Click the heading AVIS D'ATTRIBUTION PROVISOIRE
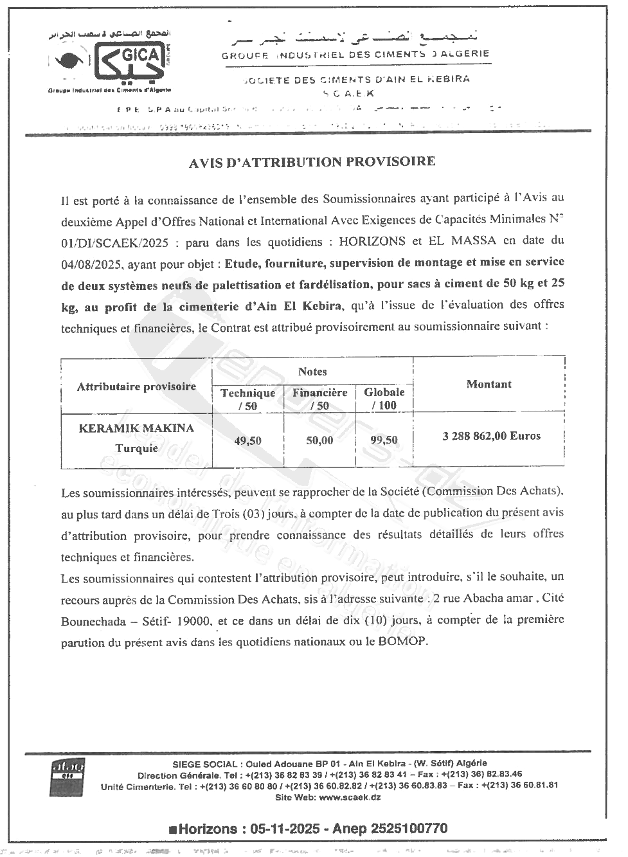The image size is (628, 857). click(x=312, y=162)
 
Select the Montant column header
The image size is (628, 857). click(x=489, y=384)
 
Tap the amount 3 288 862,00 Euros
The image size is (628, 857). click(x=491, y=436)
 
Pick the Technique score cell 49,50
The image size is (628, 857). click(x=247, y=441)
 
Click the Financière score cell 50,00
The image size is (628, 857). click(x=319, y=441)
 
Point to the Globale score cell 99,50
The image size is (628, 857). click(x=384, y=441)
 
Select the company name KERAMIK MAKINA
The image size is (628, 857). click(x=136, y=428)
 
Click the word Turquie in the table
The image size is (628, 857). click(x=136, y=448)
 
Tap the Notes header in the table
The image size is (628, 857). click(x=312, y=372)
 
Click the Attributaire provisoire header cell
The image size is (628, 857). click(x=136, y=386)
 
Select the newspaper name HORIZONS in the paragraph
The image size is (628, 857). click(x=372, y=241)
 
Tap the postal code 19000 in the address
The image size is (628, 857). click(x=196, y=621)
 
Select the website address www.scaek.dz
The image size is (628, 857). click(x=350, y=797)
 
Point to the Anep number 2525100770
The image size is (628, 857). click(x=408, y=829)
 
